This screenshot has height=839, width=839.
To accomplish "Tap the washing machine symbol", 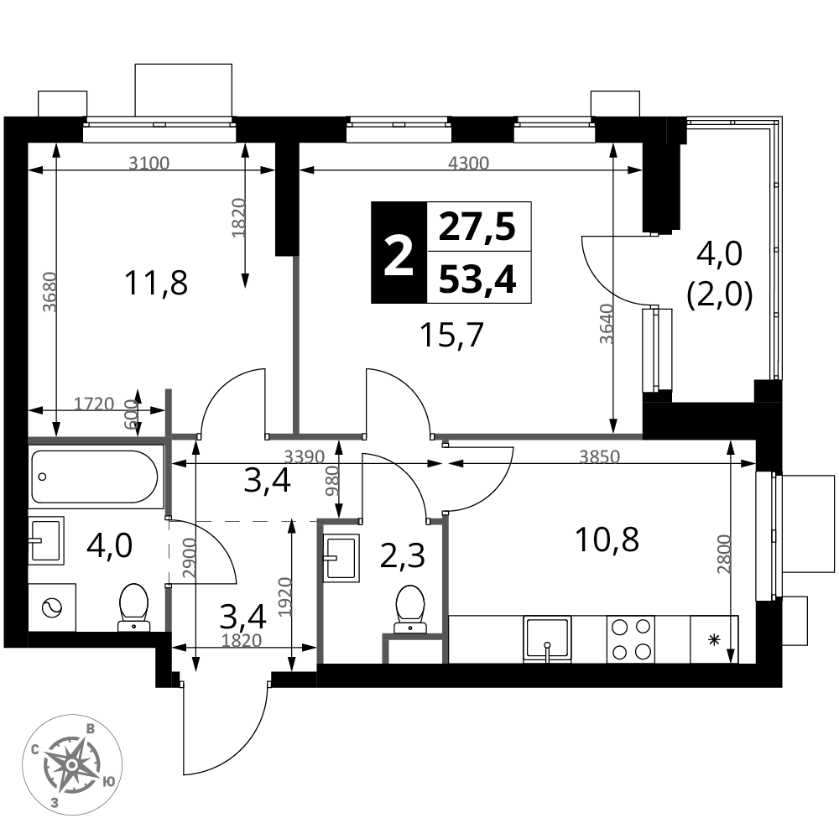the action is click(x=52, y=607).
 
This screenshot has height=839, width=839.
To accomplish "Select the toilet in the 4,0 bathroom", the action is click(x=133, y=607).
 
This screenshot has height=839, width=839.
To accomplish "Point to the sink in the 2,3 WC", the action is click(x=341, y=558).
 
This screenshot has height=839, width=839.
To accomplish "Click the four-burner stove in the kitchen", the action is click(x=631, y=638).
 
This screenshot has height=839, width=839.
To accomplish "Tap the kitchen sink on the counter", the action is click(x=547, y=638).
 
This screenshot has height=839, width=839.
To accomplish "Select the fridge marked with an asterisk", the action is click(x=714, y=638).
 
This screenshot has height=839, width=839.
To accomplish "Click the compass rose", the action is click(x=72, y=764).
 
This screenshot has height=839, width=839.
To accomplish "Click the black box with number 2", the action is click(x=399, y=253).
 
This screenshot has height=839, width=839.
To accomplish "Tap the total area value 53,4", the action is click(x=477, y=279).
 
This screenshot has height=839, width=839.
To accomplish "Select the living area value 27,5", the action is click(x=477, y=227).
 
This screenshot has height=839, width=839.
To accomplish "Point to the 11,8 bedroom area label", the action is click(x=156, y=283).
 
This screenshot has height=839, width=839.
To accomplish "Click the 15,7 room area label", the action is click(x=452, y=336).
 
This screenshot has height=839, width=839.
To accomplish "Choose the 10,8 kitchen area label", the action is click(x=607, y=539).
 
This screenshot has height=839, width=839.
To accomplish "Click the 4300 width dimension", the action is click(x=469, y=163).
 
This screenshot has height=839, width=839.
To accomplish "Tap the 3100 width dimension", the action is click(x=149, y=163).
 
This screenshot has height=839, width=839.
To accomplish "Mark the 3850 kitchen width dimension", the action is click(x=599, y=456).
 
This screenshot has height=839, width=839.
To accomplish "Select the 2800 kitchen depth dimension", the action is click(x=724, y=555).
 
